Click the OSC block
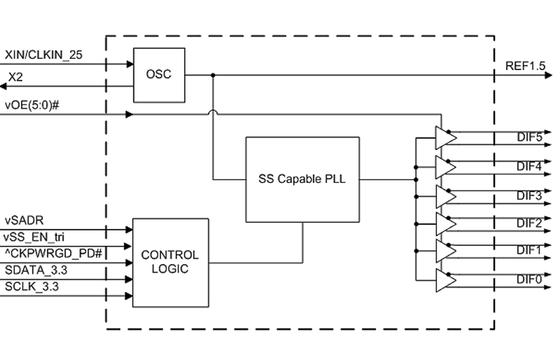(x=159, y=75)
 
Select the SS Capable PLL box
(x=302, y=179)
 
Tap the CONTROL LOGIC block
(x=170, y=262)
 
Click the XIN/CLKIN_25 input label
(x=43, y=55)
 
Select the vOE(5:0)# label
(x=32, y=106)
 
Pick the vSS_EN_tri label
(x=34, y=236)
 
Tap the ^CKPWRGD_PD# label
(x=54, y=253)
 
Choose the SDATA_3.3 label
(x=36, y=270)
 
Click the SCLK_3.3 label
(x=32, y=287)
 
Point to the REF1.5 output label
(x=525, y=66)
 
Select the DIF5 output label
(x=529, y=137)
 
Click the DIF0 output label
(x=529, y=280)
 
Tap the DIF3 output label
(x=529, y=195)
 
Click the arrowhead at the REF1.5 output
(x=548, y=75)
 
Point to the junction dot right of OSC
(x=213, y=75)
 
